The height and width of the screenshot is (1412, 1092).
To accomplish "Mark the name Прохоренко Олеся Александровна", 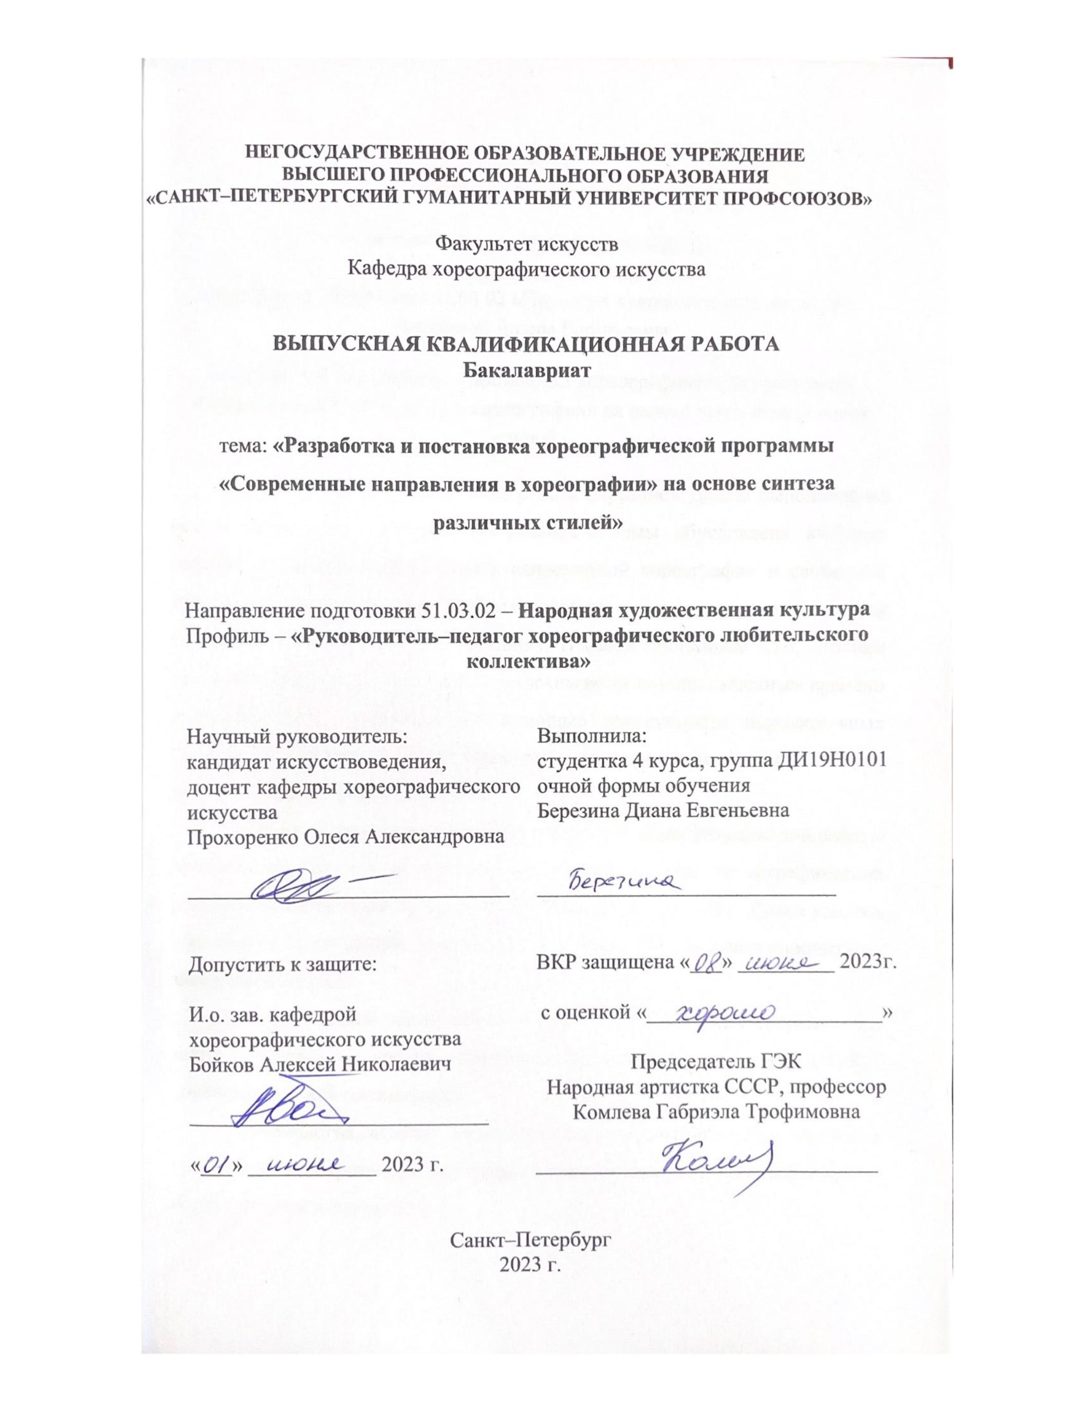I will [345, 836].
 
